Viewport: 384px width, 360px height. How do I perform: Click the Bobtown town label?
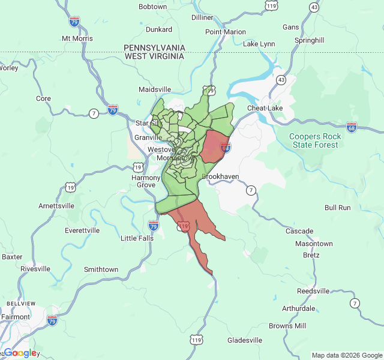click(x=152, y=7)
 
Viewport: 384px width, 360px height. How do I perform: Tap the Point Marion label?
click(x=226, y=32)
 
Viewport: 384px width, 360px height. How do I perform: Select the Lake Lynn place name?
click(x=259, y=44)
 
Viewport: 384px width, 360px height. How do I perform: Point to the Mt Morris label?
click(x=77, y=38)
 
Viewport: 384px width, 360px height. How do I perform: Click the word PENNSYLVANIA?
click(x=154, y=47)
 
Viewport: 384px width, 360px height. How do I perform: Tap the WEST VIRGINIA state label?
click(x=154, y=56)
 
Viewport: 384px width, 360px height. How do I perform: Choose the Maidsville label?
click(x=155, y=89)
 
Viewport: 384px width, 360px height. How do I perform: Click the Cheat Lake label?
click(x=265, y=108)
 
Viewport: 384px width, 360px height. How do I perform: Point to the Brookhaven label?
click(x=220, y=177)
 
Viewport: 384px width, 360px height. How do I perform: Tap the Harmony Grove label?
click(x=146, y=181)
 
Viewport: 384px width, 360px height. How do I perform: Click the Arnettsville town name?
click(x=56, y=205)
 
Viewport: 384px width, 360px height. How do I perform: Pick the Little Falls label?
click(x=137, y=238)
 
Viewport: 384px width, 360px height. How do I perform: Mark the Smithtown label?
click(x=101, y=269)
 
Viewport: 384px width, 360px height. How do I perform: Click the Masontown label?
click(x=314, y=244)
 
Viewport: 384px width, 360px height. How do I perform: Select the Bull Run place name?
click(x=337, y=208)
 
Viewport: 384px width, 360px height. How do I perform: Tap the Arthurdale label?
click(x=298, y=308)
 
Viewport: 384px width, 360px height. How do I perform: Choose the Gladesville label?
click(x=245, y=340)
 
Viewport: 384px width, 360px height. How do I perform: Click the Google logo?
click(x=20, y=353)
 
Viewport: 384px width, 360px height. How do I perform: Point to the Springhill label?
click(x=309, y=40)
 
